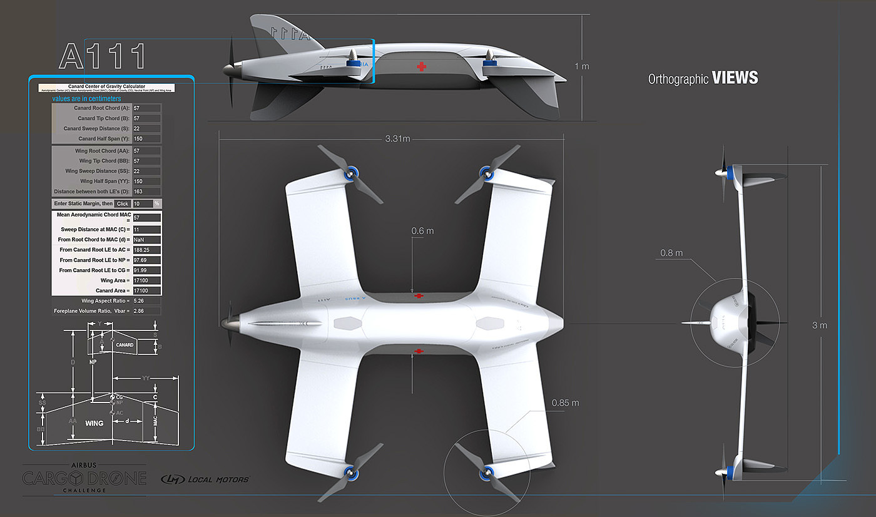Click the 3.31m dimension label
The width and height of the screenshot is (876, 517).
point(398,138)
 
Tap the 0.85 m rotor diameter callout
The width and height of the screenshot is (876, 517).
point(566,402)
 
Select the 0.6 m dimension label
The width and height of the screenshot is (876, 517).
point(422,231)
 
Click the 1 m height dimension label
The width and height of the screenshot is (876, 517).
point(581,66)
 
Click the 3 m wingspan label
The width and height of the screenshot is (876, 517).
point(820,325)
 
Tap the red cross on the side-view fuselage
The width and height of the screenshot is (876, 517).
point(422,66)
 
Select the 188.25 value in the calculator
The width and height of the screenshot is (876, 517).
point(146,250)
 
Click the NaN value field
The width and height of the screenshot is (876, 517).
point(146,240)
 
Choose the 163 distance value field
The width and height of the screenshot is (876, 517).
point(146,191)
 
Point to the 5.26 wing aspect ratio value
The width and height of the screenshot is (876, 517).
point(146,300)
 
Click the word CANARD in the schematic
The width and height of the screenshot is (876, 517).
point(125,344)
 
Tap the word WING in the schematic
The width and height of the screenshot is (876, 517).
point(94,424)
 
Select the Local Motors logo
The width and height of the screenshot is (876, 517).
point(205,479)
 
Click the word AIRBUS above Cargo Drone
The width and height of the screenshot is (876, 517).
point(84,465)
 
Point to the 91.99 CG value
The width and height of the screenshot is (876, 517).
point(146,270)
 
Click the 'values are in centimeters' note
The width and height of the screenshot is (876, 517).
point(86,99)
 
